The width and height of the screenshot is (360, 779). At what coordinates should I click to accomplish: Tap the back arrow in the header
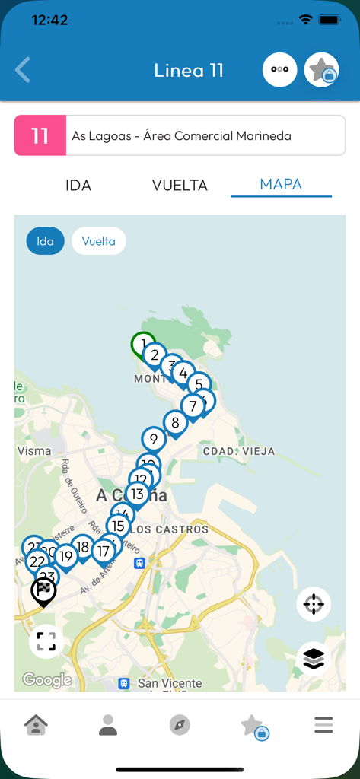23,70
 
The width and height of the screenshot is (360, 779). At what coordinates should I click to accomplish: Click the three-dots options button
279,70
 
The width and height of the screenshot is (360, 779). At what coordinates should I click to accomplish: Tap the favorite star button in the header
321,70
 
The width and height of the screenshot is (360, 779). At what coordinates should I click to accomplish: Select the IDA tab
78,185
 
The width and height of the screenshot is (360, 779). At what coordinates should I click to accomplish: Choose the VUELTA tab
180,185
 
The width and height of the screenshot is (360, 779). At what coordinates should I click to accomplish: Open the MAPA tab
281,184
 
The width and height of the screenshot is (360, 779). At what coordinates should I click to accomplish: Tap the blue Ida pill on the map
46,241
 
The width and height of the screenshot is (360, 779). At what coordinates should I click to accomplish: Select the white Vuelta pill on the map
99,241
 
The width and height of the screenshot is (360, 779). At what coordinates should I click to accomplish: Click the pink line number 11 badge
40,136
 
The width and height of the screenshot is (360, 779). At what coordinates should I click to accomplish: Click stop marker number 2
155,355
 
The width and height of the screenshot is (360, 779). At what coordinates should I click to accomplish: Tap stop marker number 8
175,423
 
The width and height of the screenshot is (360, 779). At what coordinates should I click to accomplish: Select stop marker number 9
154,439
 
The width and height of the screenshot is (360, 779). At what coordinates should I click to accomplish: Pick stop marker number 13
137,494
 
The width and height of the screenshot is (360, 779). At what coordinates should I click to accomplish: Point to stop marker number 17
104,551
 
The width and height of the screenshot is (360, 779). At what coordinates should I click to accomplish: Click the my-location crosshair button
314,605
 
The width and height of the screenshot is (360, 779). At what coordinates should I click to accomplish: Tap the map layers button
314,658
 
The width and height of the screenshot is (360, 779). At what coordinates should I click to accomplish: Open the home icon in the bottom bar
36,726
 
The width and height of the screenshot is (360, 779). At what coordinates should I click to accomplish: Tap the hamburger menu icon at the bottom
323,726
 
